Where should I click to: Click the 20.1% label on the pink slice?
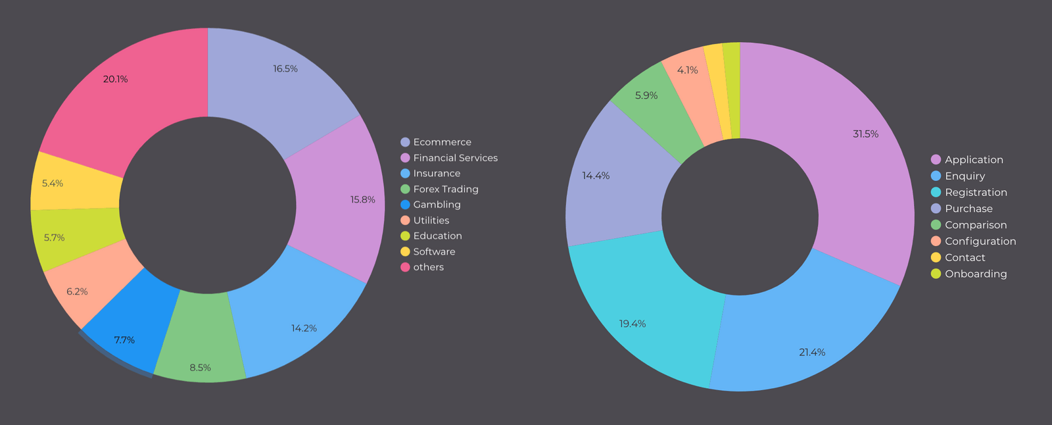pyautogui.click(x=116, y=79)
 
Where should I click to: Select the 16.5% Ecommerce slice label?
pyautogui.click(x=285, y=68)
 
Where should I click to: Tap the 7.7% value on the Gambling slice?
pyautogui.click(x=124, y=340)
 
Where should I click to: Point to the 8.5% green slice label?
pyautogui.click(x=201, y=368)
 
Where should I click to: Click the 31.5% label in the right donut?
pyautogui.click(x=865, y=134)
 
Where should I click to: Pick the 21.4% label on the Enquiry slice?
pyautogui.click(x=812, y=353)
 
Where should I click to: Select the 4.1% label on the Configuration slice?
pyautogui.click(x=688, y=70)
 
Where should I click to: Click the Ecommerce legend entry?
pyautogui.click(x=442, y=142)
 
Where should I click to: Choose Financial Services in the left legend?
pyautogui.click(x=455, y=158)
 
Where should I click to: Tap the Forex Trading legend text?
pyautogui.click(x=446, y=189)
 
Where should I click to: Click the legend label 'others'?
pyautogui.click(x=428, y=267)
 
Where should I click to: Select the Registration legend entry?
pyautogui.click(x=976, y=192)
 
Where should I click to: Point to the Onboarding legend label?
pyautogui.click(x=976, y=274)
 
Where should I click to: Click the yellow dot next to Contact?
pyautogui.click(x=936, y=257)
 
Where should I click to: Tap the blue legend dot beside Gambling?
pyautogui.click(x=405, y=205)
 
